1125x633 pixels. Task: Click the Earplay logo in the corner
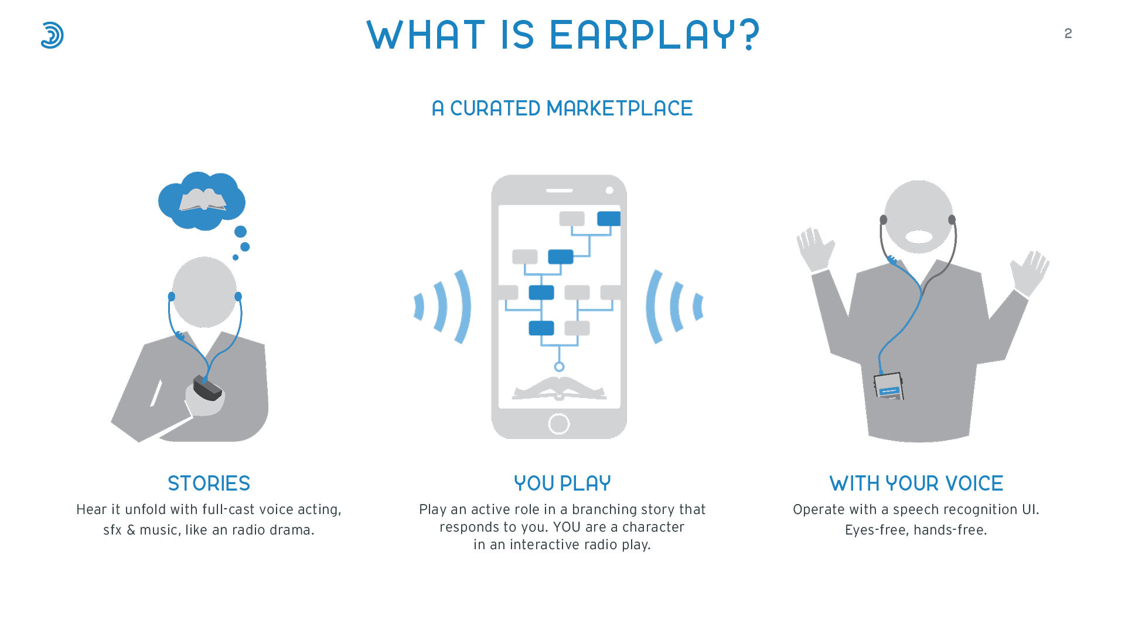(52, 35)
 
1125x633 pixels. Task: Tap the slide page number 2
(1068, 33)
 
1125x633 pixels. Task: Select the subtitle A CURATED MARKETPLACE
(562, 108)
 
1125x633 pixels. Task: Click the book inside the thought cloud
(203, 200)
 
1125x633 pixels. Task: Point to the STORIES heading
(209, 484)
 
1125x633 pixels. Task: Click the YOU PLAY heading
(562, 484)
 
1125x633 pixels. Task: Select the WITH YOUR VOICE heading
(916, 484)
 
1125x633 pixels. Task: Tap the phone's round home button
(559, 424)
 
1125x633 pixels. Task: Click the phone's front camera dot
(609, 190)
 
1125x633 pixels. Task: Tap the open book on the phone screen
(559, 388)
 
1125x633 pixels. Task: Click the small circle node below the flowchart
(559, 367)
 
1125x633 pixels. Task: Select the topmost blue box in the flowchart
(609, 219)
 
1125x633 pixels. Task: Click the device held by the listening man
(207, 387)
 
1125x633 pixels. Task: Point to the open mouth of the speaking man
(919, 237)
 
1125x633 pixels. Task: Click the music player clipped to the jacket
(889, 386)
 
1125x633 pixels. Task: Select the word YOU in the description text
(567, 527)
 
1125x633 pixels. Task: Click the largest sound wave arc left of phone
(464, 307)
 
